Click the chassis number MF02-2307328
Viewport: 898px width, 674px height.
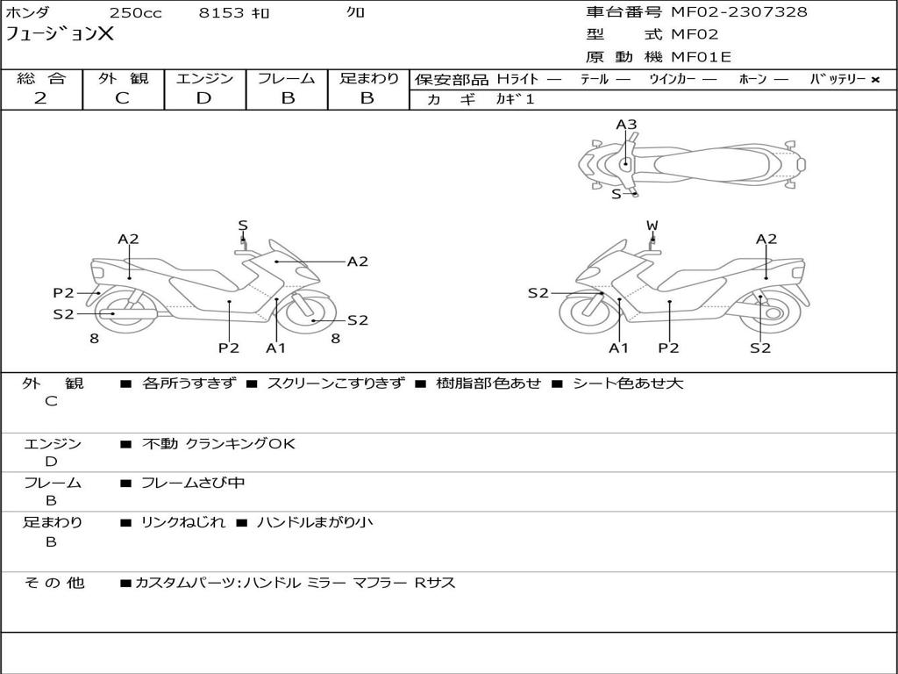(x=738, y=12)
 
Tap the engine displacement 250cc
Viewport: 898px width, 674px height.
(x=135, y=13)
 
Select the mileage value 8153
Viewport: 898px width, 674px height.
(x=221, y=13)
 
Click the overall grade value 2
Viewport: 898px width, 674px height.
(x=40, y=98)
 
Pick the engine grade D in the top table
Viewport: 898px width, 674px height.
(x=203, y=98)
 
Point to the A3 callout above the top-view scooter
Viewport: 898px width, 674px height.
(x=626, y=125)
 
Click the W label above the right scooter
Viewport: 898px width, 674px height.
(x=652, y=226)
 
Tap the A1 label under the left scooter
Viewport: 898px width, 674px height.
(x=275, y=348)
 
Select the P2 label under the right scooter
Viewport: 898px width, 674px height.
(x=668, y=348)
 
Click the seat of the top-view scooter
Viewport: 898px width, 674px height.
(x=710, y=165)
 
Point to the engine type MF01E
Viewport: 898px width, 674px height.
(x=701, y=57)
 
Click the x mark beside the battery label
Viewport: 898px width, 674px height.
(x=875, y=80)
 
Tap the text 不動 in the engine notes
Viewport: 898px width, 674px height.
(x=160, y=443)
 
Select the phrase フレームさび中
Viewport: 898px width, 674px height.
(x=192, y=484)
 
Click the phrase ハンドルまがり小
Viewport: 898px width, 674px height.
(x=315, y=522)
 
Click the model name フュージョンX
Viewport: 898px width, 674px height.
(x=60, y=34)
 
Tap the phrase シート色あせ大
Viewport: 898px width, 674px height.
(x=628, y=384)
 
